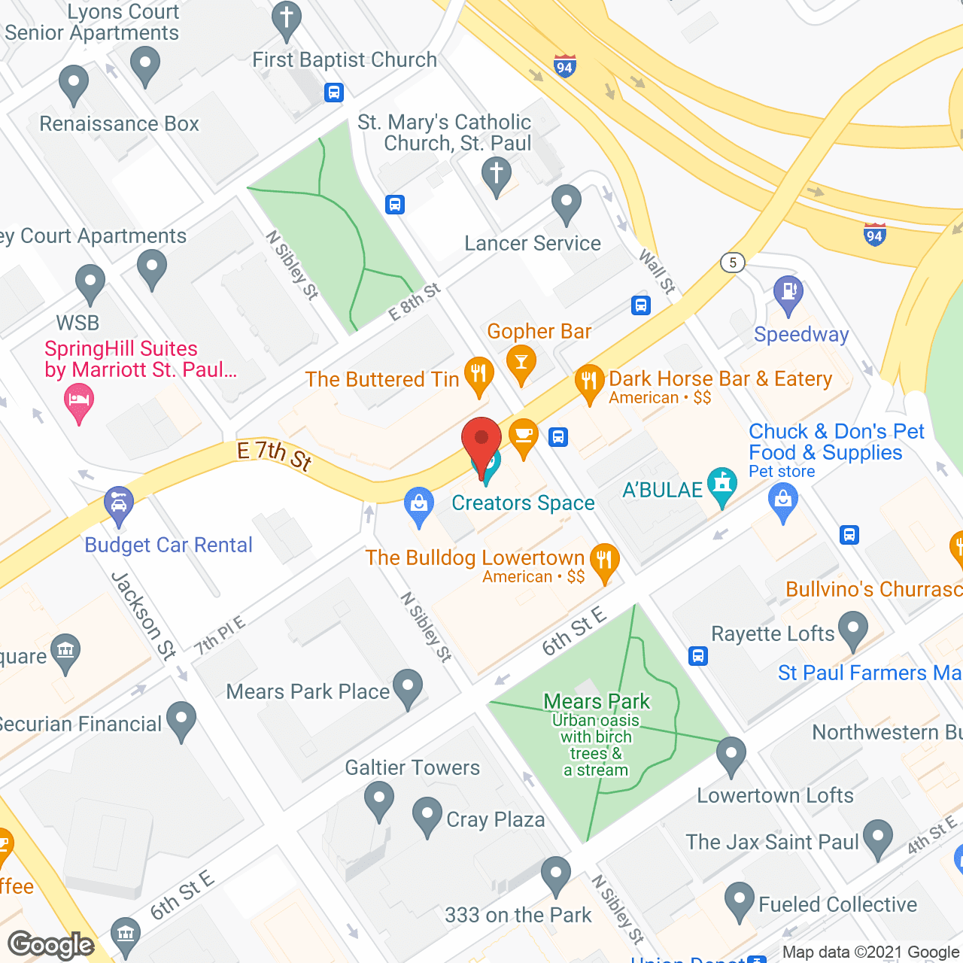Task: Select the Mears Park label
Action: tap(597, 701)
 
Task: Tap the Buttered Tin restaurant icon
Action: tap(478, 374)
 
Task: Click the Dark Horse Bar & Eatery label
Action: tap(720, 378)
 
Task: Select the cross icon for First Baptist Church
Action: tap(286, 18)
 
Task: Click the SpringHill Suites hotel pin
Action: tap(79, 400)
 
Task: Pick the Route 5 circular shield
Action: tap(733, 263)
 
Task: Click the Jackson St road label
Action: tap(143, 615)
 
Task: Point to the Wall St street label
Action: tap(657, 271)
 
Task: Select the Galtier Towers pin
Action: tap(378, 798)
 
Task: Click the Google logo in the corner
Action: tap(51, 945)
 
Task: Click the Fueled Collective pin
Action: tap(740, 899)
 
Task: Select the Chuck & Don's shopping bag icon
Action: tap(783, 500)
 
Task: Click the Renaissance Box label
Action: tap(119, 123)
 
